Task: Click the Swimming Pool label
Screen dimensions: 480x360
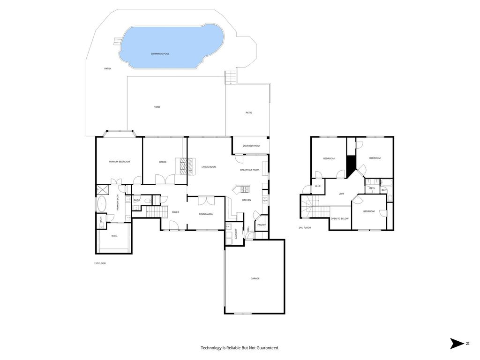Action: [160, 54]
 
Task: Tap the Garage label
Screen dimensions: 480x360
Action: [255, 278]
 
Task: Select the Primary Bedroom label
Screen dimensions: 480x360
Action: [120, 162]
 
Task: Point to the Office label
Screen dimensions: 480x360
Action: [163, 162]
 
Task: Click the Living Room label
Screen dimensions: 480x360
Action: [209, 167]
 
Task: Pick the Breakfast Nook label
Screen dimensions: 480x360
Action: [250, 170]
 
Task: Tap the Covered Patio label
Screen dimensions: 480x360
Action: [251, 146]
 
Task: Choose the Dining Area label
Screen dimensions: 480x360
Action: [206, 214]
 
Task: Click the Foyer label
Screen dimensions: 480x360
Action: [175, 212]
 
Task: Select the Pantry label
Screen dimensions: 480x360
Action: [262, 225]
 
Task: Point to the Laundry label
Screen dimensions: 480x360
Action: [236, 233]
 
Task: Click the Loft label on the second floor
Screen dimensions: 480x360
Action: [341, 194]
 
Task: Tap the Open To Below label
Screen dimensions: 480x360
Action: [340, 218]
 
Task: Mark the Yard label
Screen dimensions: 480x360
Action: [157, 107]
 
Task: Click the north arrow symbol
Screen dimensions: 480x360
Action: [457, 344]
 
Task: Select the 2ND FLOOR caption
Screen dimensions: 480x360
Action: [305, 228]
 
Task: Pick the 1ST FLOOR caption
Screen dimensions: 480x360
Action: [100, 263]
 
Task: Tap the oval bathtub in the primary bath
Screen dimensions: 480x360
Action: [101, 204]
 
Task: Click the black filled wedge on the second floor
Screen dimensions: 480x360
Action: [351, 166]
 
